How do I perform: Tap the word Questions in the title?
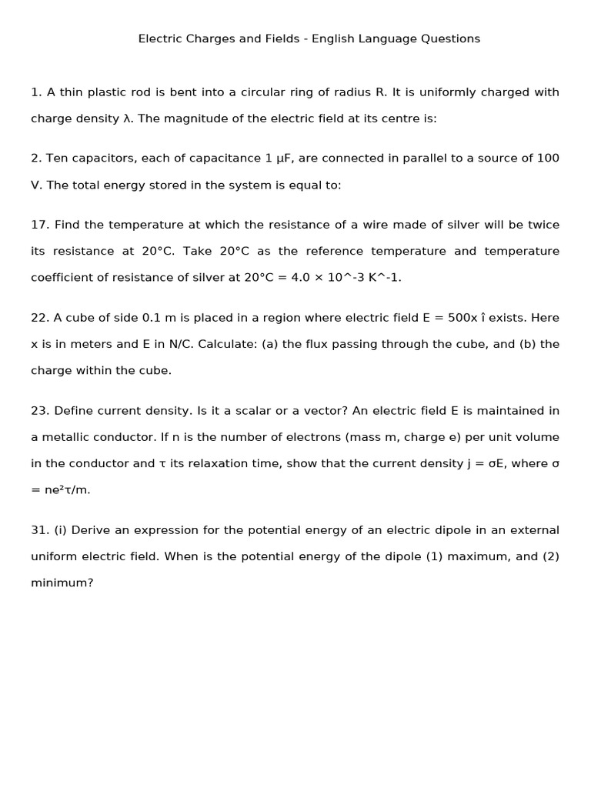pos(448,38)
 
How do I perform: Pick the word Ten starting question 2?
pos(57,159)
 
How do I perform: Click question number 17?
pos(39,225)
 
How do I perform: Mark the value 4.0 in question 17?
pos(300,278)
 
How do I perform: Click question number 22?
pos(39,318)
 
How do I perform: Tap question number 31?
pos(39,530)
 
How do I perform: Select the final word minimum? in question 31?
pos(62,583)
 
